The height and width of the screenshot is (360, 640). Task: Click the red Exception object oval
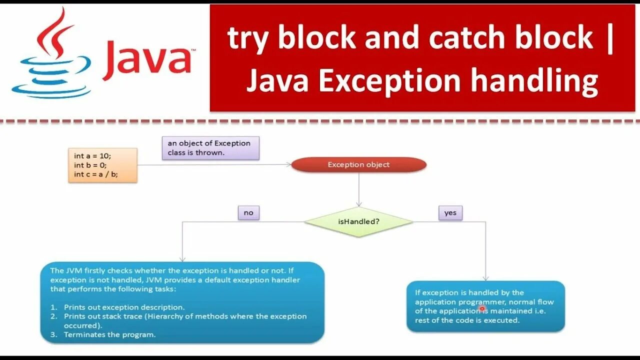point(358,164)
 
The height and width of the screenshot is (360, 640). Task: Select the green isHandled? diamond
point(358,221)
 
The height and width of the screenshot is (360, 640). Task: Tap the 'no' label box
point(248,212)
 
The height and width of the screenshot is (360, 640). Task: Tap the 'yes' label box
point(450,212)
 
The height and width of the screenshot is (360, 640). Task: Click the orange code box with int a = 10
point(102,165)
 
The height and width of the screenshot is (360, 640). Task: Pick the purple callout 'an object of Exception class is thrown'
point(210,148)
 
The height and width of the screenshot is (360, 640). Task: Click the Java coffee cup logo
point(50,55)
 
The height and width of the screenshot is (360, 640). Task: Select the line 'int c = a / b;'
point(96,174)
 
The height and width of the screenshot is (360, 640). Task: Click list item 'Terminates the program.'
point(109,335)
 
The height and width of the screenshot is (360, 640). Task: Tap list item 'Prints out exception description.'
point(124,307)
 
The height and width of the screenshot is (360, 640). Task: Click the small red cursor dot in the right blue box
point(482,309)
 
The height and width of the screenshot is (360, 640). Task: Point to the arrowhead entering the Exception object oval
point(288,164)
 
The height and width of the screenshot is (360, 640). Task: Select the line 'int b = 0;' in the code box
point(90,165)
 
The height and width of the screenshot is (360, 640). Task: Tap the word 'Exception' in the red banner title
point(389,81)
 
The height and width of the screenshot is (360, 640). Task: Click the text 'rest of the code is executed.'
point(467,320)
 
